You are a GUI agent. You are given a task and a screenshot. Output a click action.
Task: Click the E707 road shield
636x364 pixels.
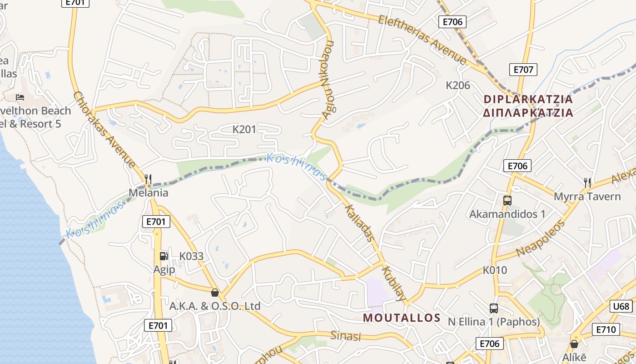click(x=523, y=70)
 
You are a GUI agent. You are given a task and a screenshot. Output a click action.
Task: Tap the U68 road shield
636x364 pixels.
click(x=621, y=306)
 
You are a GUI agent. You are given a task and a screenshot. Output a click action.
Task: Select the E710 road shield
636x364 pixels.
click(x=606, y=330)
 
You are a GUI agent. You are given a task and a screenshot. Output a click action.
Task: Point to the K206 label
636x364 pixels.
click(x=458, y=85)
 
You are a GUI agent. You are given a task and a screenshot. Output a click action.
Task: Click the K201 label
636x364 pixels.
click(x=244, y=129)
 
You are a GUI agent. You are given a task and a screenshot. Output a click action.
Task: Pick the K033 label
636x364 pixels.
click(x=191, y=256)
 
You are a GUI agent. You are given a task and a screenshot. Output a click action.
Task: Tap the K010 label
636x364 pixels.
click(x=495, y=270)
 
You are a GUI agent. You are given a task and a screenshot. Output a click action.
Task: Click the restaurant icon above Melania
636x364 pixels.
click(x=148, y=179)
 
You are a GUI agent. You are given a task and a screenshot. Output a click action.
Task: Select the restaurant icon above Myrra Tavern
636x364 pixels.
click(x=587, y=183)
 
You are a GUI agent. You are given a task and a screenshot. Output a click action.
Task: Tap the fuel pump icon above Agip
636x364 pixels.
click(x=164, y=256)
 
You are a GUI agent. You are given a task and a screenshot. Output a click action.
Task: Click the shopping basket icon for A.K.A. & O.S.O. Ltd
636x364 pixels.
click(x=214, y=293)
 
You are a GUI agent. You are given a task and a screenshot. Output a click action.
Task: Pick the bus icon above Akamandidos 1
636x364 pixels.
click(x=507, y=200)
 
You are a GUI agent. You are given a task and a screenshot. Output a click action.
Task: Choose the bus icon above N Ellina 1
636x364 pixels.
click(x=494, y=308)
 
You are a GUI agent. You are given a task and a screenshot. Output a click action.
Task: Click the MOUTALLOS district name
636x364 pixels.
click(x=402, y=318)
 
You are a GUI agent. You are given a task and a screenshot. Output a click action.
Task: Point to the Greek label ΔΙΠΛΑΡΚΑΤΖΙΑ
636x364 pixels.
click(x=528, y=112)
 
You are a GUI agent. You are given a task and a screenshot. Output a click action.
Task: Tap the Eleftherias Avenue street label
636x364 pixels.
click(x=422, y=39)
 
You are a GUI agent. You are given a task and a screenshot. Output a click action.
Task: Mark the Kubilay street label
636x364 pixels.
click(x=394, y=284)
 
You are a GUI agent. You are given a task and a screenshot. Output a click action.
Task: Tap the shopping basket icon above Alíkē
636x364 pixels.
click(x=574, y=344)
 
